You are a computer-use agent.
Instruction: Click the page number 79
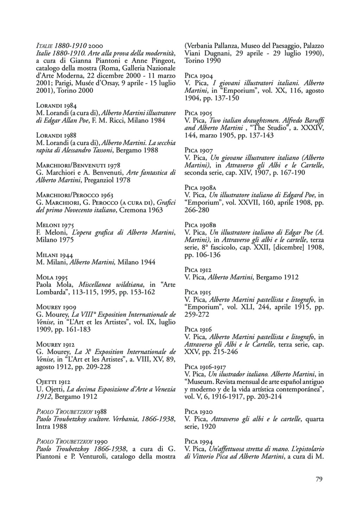[319, 479]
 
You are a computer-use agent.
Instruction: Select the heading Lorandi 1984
[57, 105]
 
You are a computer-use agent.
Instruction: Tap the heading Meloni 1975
[55, 225]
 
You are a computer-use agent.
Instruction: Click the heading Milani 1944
[54, 255]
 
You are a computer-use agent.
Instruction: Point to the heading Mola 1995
[52, 277]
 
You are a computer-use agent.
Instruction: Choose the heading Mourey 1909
[56, 307]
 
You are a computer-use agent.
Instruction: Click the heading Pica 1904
[199, 76]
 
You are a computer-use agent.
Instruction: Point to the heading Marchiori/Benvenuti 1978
[78, 165]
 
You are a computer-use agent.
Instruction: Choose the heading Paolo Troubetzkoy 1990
[72, 441]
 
